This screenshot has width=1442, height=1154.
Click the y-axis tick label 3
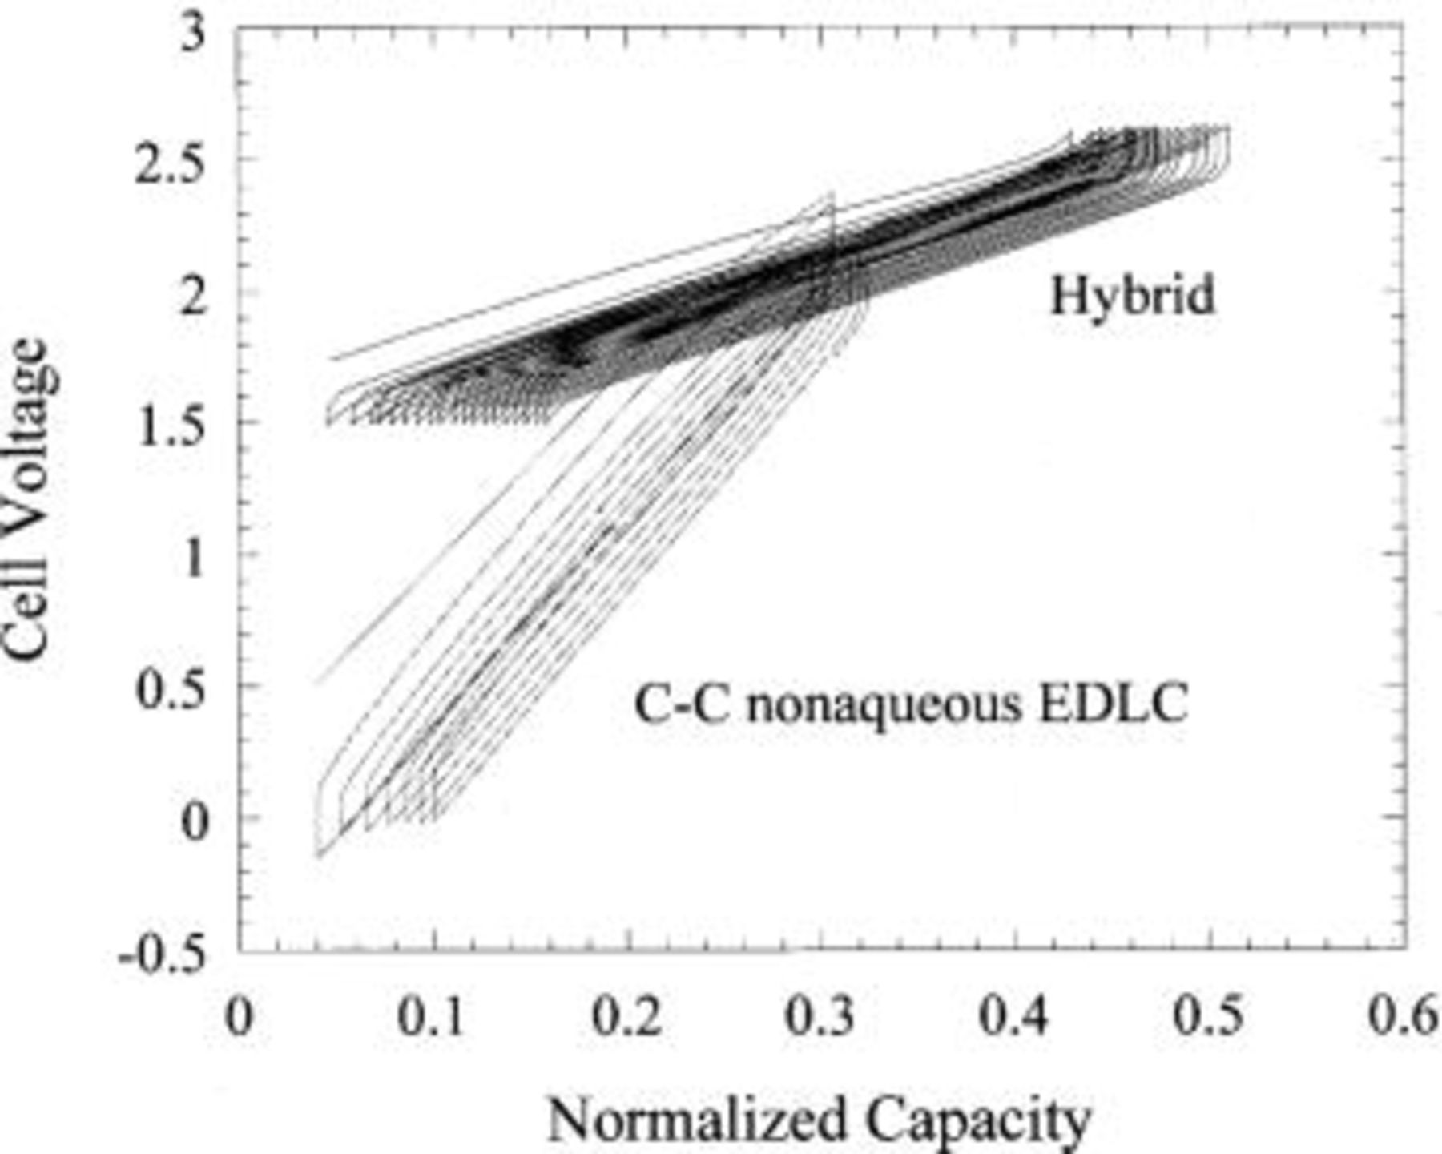pyautogui.click(x=192, y=36)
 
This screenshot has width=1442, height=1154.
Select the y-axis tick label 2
pyautogui.click(x=192, y=297)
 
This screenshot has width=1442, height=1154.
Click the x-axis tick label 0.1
pyautogui.click(x=431, y=1016)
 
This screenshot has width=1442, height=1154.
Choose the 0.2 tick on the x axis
pyautogui.click(x=626, y=1016)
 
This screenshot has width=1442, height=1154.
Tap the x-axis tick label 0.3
pyautogui.click(x=820, y=1016)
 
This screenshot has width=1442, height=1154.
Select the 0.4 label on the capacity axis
pyautogui.click(x=1014, y=1016)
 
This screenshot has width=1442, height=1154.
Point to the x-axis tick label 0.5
pyautogui.click(x=1208, y=1016)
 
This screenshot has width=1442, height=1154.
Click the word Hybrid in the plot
pyautogui.click(x=1132, y=296)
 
